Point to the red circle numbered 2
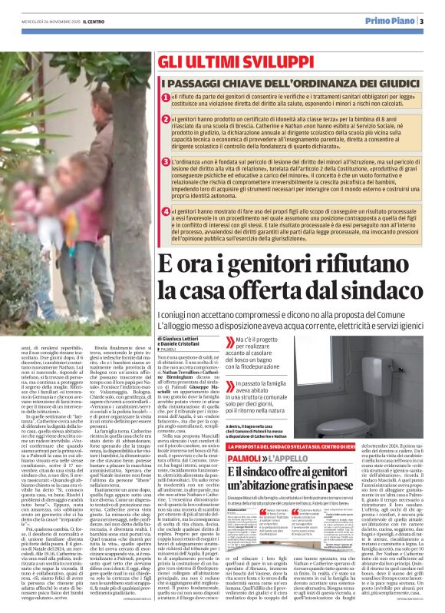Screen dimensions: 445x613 point(166,121)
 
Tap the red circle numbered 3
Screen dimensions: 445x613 point(166,163)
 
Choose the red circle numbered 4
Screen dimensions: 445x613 point(166,210)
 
